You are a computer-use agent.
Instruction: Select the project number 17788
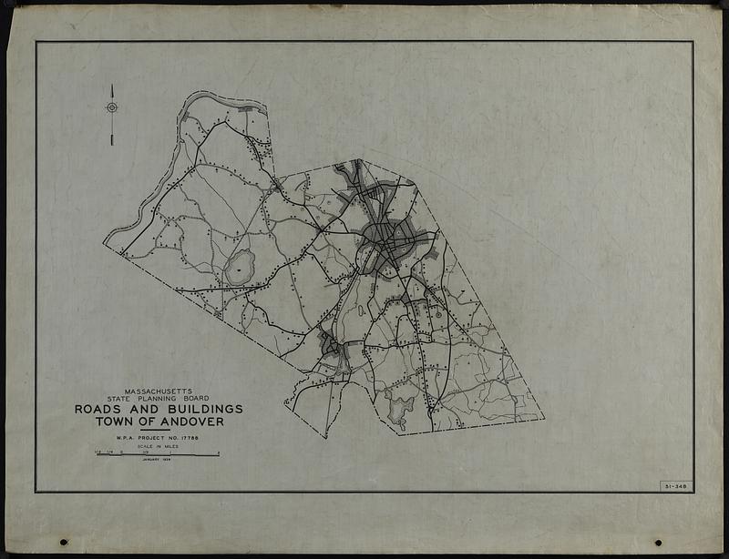[x=185, y=438]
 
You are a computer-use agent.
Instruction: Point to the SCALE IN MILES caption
[x=157, y=446]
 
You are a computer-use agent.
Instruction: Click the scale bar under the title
[x=157, y=453]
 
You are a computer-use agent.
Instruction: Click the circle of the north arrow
[x=112, y=107]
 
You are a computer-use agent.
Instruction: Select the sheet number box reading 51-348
[x=675, y=486]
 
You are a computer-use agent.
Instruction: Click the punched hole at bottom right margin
[x=658, y=543]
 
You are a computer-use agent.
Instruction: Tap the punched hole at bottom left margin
[x=64, y=543]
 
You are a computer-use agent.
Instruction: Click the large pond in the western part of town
[x=239, y=268]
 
